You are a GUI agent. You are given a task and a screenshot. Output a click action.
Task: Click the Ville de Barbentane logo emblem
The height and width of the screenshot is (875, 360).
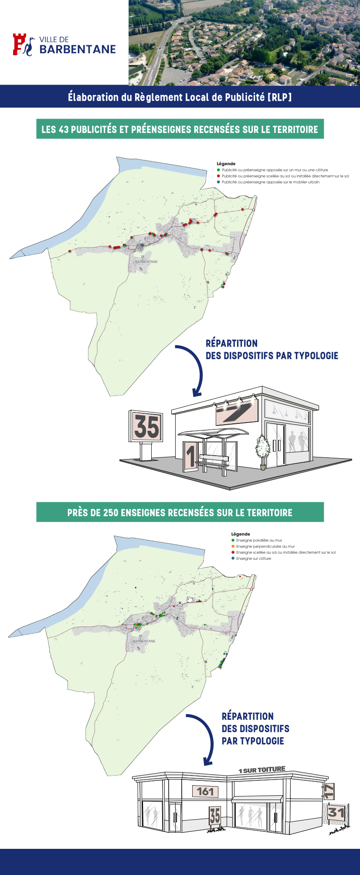(x=23, y=45)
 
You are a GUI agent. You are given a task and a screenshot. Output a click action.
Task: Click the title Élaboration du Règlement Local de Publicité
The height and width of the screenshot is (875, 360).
(x=180, y=97)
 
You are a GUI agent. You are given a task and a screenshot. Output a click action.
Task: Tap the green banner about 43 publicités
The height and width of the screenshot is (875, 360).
(x=180, y=129)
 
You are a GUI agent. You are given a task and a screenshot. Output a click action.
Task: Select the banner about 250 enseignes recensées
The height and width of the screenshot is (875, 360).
(x=180, y=512)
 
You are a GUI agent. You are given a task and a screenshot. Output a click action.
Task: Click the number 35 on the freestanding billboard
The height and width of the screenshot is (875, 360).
(x=146, y=426)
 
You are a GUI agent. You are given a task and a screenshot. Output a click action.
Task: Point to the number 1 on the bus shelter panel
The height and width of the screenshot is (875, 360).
(x=190, y=456)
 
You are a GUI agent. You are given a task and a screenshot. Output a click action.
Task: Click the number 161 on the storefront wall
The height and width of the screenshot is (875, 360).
(x=205, y=791)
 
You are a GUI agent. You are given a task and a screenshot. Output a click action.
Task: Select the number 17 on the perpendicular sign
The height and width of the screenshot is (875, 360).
(x=329, y=791)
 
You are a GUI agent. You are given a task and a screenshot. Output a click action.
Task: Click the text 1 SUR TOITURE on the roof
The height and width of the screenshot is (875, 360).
(x=262, y=770)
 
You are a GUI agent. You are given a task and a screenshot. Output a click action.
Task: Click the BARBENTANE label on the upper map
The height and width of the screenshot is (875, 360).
(x=146, y=262)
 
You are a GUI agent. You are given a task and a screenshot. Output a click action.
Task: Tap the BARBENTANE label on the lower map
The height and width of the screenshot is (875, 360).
(x=144, y=641)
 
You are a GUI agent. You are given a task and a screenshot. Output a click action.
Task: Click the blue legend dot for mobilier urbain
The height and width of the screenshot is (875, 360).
(x=218, y=182)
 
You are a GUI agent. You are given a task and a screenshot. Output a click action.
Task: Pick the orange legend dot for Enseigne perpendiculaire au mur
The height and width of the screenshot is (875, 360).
(x=233, y=546)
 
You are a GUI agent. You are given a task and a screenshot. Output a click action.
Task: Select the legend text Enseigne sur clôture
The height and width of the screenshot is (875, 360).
(x=254, y=558)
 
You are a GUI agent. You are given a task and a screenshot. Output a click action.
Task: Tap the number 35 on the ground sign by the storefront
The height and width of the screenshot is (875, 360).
(x=215, y=816)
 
